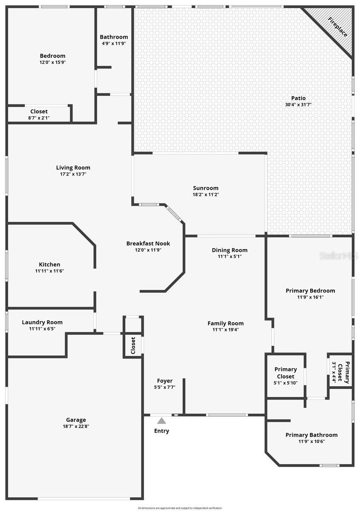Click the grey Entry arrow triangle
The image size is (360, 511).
click(161, 421)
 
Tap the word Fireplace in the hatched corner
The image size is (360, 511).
click(337, 26)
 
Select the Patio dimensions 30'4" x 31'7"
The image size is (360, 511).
click(298, 105)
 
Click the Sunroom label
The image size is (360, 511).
click(205, 188)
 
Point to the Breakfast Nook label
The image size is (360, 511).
click(148, 244)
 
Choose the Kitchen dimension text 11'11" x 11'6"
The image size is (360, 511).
click(49, 271)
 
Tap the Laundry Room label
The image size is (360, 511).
click(42, 322)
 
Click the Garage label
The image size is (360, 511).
click(76, 419)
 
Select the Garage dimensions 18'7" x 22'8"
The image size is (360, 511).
click(76, 426)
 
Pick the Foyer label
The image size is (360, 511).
click(165, 381)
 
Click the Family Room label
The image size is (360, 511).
click(225, 323)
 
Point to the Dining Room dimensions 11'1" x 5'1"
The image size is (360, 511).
click(230, 256)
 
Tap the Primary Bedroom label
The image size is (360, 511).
click(310, 291)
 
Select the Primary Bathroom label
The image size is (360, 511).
click(311, 435)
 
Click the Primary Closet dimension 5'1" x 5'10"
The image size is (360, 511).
click(285, 383)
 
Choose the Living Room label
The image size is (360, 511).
click(73, 168)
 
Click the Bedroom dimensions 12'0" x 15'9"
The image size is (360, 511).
click(52, 62)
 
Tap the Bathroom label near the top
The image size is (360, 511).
click(114, 37)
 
